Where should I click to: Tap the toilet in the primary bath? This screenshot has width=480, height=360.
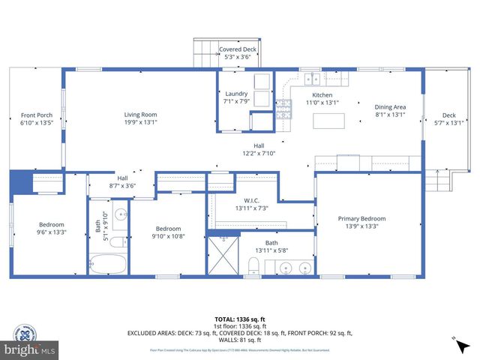pos(253,265)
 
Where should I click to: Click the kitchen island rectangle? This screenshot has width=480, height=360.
pos(329,121)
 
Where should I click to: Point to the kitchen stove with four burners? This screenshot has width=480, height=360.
pos(284,111)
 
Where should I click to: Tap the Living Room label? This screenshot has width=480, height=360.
pos(140,115)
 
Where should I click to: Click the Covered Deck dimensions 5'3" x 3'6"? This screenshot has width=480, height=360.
pos(237,58)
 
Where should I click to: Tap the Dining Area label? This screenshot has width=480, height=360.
pos(390,106)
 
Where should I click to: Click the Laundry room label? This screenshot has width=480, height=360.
pos(235,94)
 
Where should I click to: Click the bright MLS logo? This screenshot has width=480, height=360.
pos(30,350)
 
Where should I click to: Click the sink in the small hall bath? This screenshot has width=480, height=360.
pos(123,215)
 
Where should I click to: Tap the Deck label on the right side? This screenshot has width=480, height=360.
pos(448,115)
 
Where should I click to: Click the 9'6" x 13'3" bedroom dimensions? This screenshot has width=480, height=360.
pos(52,232)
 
